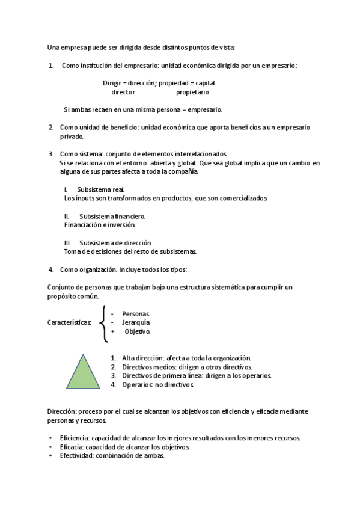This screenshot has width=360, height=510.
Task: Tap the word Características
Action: tap(69, 323)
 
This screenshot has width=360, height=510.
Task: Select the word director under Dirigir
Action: tap(123, 93)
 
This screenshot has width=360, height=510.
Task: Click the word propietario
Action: tap(192, 93)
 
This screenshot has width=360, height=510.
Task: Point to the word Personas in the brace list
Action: tap(136, 314)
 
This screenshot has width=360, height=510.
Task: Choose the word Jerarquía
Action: tap(136, 322)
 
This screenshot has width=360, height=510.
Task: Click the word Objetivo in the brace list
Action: tap(137, 331)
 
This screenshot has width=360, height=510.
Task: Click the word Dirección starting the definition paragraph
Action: tap(61, 411)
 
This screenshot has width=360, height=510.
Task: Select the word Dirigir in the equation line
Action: tap(112, 83)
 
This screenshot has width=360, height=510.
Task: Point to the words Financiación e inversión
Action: tap(100, 224)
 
